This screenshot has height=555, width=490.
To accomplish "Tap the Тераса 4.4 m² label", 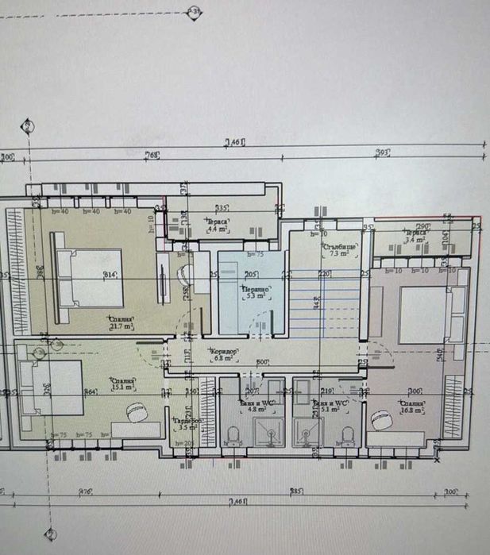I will coord(217,225).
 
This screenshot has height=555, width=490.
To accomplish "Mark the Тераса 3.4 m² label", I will coord(415,236).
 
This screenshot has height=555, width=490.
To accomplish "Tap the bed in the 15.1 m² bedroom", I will coord(52,388).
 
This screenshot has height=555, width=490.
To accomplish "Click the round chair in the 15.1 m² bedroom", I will coord(141,414).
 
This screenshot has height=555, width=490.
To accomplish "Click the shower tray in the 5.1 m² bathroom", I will coord(307,433).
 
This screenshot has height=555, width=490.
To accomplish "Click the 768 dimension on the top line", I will coord(152,155).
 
